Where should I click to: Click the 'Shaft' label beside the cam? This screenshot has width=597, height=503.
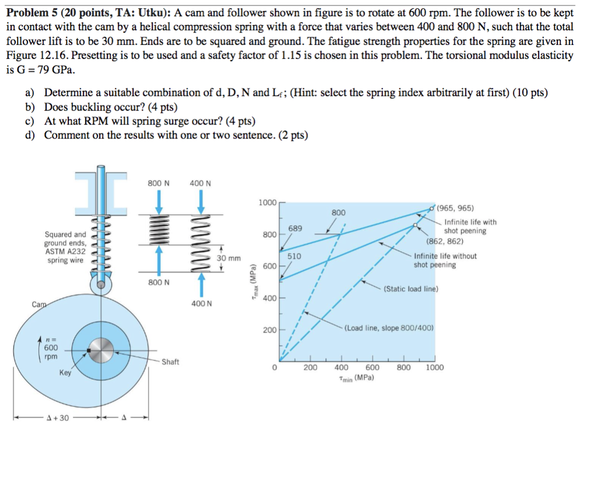pos(170,362)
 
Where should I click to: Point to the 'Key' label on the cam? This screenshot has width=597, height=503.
pos(65,373)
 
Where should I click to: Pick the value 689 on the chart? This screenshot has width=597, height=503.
pos(295,228)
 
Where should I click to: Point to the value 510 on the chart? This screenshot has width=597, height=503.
pos(294,256)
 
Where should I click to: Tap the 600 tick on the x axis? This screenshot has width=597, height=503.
pos(373,367)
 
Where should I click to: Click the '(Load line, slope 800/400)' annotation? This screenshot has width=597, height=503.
pos(389,328)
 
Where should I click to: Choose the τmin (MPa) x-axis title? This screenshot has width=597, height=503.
pos(356,378)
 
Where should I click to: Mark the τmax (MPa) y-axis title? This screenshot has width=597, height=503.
pos(252,285)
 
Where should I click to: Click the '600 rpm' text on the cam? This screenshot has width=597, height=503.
pos(51,352)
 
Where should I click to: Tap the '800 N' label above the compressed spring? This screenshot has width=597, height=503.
pos(159,183)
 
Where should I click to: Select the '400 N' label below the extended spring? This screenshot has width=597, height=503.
pos(201,303)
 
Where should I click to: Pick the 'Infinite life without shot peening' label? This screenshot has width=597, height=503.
pos(445,260)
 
